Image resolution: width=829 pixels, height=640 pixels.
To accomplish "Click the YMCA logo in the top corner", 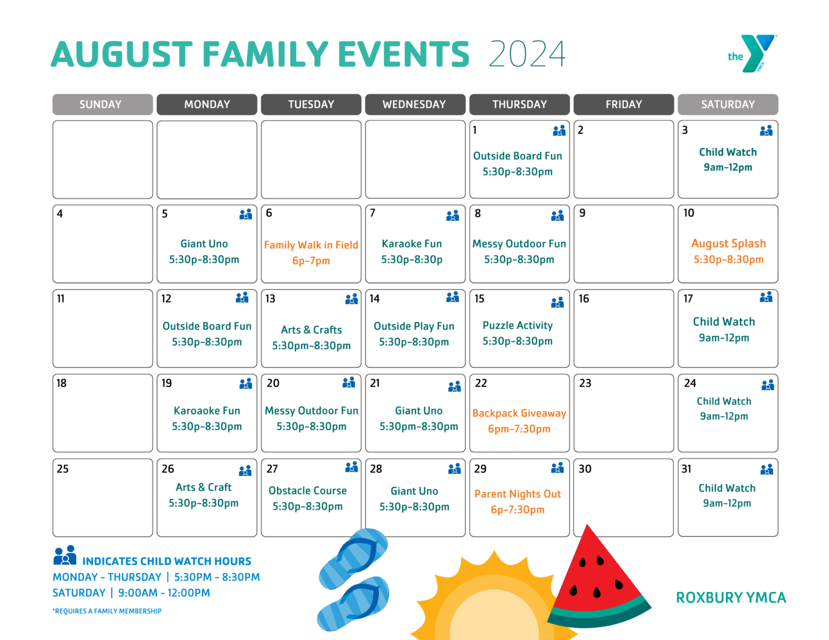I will [x=752, y=53].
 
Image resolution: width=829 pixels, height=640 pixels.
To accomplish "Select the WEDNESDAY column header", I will [x=414, y=105].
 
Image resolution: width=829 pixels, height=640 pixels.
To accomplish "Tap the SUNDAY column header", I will [x=101, y=105].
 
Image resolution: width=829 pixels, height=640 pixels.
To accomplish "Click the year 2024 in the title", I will [x=527, y=54].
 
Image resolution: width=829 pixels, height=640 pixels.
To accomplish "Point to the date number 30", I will [x=585, y=469].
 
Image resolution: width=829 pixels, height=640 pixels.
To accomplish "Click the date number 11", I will [x=60, y=299].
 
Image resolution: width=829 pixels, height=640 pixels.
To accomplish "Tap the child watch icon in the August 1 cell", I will [x=559, y=130].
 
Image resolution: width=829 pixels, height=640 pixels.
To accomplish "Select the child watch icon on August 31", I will [x=766, y=470].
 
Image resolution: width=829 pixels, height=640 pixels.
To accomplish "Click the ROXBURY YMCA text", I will [x=731, y=598].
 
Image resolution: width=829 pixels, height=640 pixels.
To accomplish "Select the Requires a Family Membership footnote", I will [x=107, y=611].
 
